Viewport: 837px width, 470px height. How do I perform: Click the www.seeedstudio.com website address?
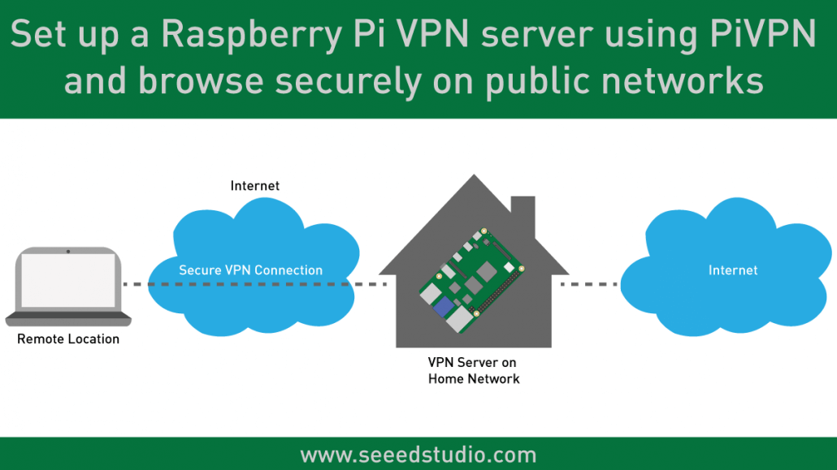tap(418, 455)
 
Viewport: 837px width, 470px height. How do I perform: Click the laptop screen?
tap(68, 281)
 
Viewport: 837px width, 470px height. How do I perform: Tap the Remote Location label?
tap(68, 339)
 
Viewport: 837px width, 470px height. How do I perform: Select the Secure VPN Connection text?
tap(250, 270)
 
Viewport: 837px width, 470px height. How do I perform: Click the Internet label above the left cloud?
tap(255, 186)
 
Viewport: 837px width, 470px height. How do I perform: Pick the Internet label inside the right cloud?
tap(732, 270)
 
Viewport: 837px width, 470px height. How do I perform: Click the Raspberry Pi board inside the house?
tap(471, 280)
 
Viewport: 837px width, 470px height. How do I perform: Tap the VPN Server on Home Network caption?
tap(473, 370)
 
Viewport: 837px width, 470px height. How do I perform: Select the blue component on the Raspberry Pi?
tap(444, 307)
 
